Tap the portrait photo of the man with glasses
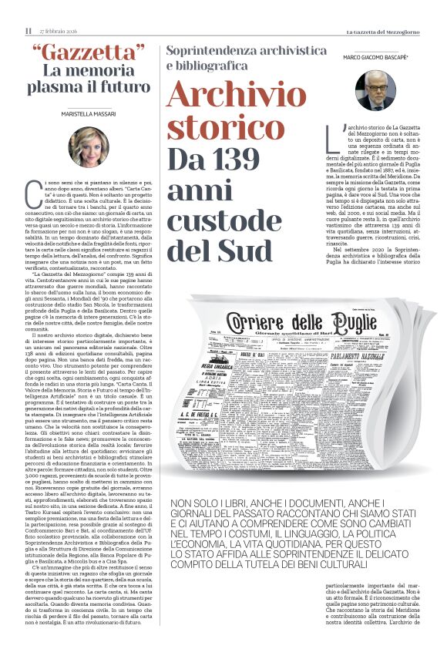[x=375, y=90]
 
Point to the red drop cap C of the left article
[x=32, y=190]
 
